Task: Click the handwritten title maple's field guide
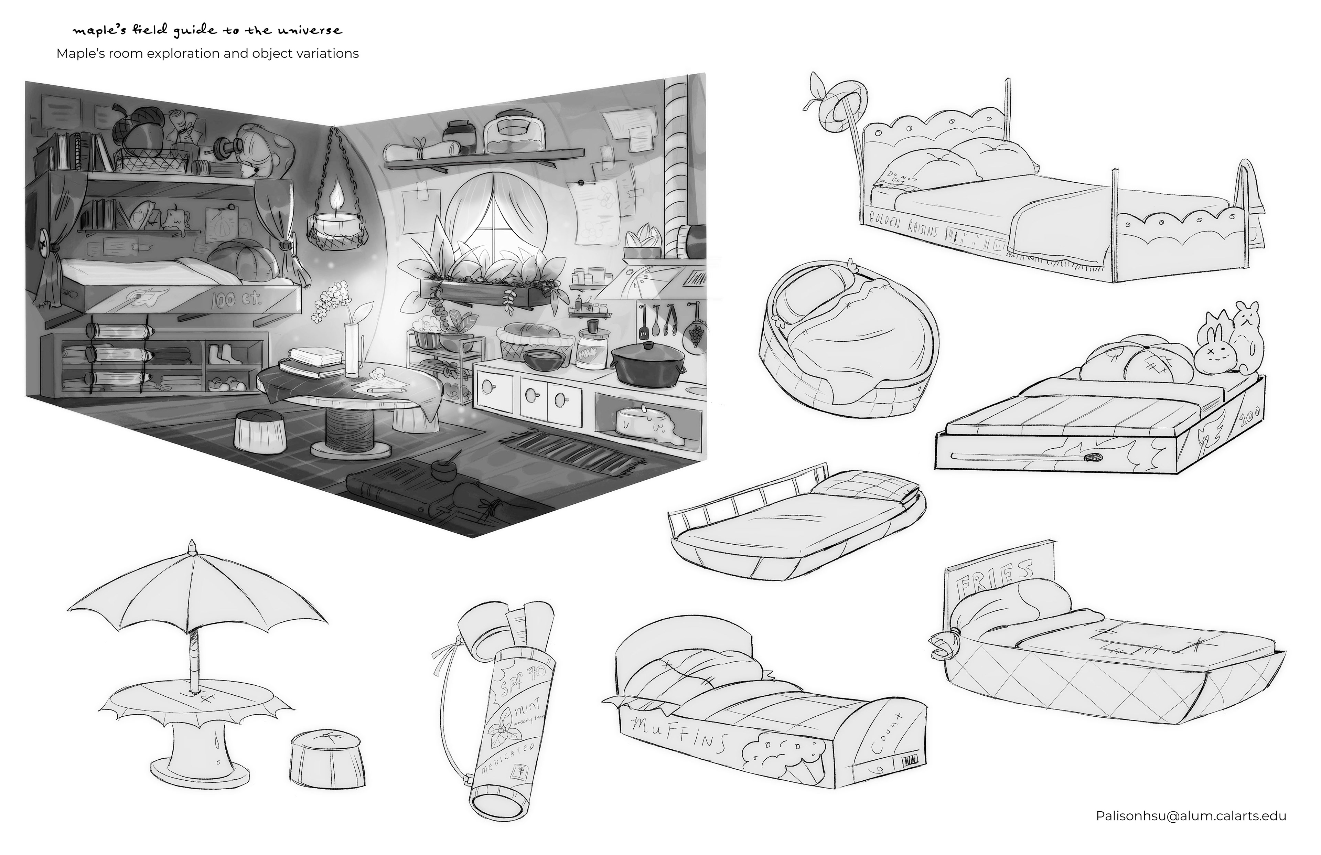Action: (x=206, y=31)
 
